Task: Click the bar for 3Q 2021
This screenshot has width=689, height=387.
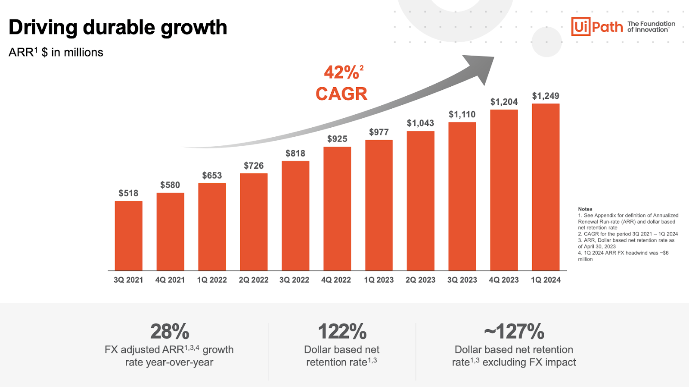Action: pyautogui.click(x=128, y=236)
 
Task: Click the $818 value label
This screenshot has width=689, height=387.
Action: pyautogui.click(x=295, y=154)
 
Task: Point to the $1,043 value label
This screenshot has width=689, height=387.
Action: pyautogui.click(x=420, y=123)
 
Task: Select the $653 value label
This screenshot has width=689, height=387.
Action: pyautogui.click(x=212, y=176)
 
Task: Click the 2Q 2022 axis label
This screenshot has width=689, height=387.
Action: pyautogui.click(x=254, y=280)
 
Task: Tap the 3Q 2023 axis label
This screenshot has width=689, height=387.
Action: pyautogui.click(x=462, y=280)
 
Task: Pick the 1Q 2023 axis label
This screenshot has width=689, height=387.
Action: pyautogui.click(x=379, y=280)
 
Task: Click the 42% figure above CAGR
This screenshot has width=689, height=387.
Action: pyautogui.click(x=341, y=72)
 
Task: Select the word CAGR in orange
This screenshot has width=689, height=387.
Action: pyautogui.click(x=341, y=94)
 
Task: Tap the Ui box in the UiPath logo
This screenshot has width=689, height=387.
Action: pyautogui.click(x=580, y=27)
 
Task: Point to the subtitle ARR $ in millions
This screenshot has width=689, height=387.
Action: pyautogui.click(x=56, y=53)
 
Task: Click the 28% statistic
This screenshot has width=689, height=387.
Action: pyautogui.click(x=170, y=332)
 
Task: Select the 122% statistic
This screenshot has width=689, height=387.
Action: pyautogui.click(x=342, y=332)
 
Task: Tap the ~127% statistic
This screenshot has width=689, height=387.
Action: pyautogui.click(x=514, y=332)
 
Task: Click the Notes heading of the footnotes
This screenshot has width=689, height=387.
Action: pyautogui.click(x=585, y=209)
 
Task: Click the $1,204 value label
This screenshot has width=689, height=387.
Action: pyautogui.click(x=504, y=102)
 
